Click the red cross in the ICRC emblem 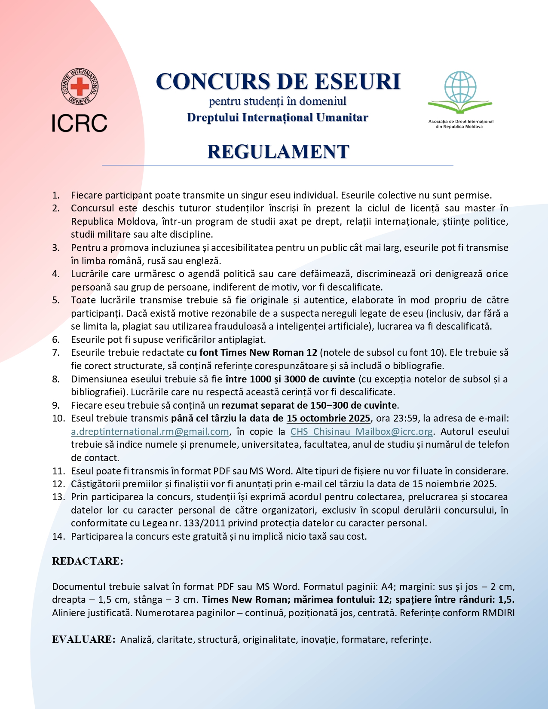click(x=80, y=87)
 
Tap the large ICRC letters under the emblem click(x=80, y=123)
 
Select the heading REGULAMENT click(x=278, y=152)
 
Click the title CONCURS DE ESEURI click(x=278, y=81)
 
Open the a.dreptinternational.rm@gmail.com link click(x=150, y=431)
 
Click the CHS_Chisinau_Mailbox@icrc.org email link click(x=361, y=431)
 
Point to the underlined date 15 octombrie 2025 click(x=328, y=418)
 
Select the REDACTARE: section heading click(x=88, y=561)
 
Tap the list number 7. click(x=56, y=353)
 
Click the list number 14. click(x=58, y=536)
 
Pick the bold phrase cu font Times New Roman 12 click(x=252, y=353)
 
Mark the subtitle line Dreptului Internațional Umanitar click(x=278, y=117)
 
